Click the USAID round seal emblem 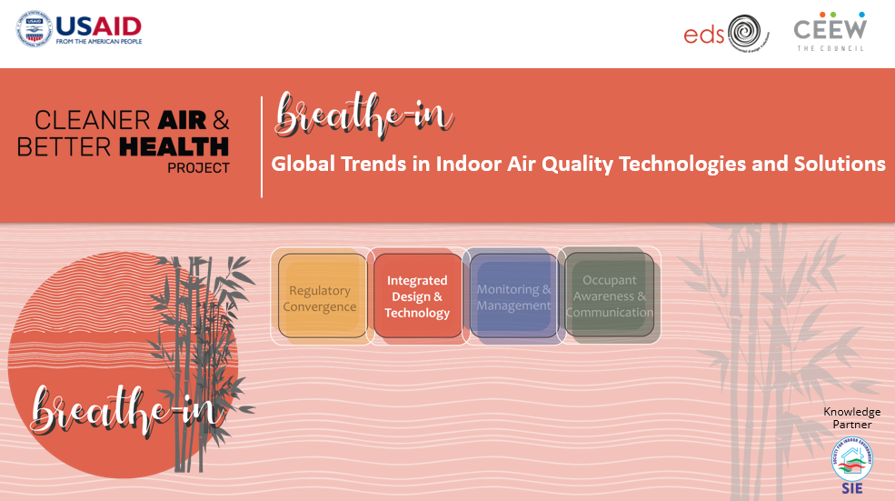pyautogui.click(x=35, y=29)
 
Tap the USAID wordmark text pyautogui.click(x=99, y=24)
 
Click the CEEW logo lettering pyautogui.click(x=830, y=28)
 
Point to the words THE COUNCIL pyautogui.click(x=830, y=48)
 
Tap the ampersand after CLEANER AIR pyautogui.click(x=219, y=120)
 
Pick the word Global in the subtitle pyautogui.click(x=305, y=165)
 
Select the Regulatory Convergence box pyautogui.click(x=320, y=298)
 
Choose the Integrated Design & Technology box pyautogui.click(x=417, y=297)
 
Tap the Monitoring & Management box pyautogui.click(x=514, y=297)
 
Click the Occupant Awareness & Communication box pyautogui.click(x=610, y=296)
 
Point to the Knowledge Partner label pyautogui.click(x=851, y=418)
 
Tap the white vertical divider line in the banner pyautogui.click(x=262, y=145)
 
